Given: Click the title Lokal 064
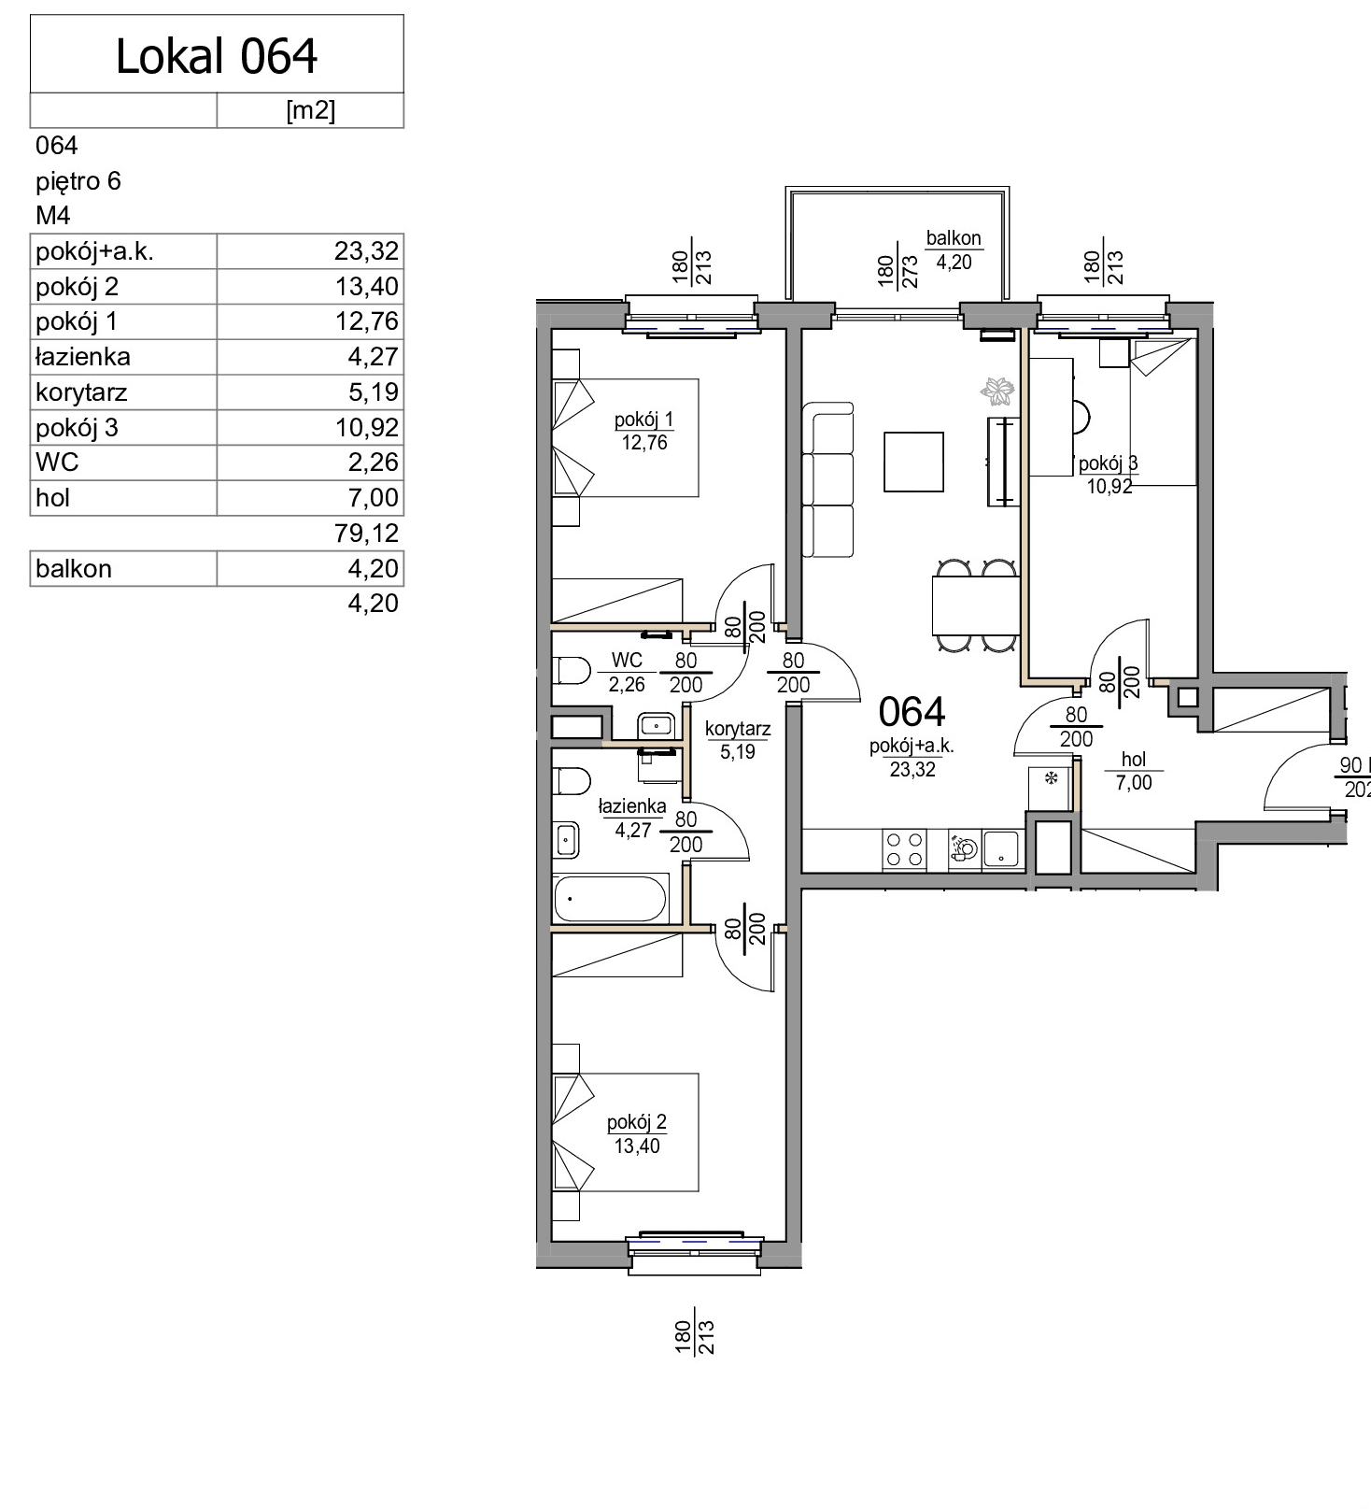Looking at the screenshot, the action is pyautogui.click(x=217, y=56).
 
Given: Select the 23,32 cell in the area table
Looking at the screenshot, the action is pyautogui.click(x=366, y=250).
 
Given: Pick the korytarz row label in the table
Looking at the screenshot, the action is pyautogui.click(x=81, y=392).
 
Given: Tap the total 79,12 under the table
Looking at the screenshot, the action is pyautogui.click(x=366, y=533).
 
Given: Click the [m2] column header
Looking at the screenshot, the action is pyautogui.click(x=310, y=110).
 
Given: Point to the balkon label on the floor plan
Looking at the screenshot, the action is pyautogui.click(x=954, y=238).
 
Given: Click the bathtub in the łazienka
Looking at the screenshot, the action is pyautogui.click(x=610, y=899).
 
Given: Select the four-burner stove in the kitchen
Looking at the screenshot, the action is pyautogui.click(x=904, y=850).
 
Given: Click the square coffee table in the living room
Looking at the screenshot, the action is pyautogui.click(x=913, y=462).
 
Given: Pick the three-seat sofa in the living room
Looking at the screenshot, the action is pyautogui.click(x=828, y=480).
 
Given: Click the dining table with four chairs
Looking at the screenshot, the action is pyautogui.click(x=976, y=605).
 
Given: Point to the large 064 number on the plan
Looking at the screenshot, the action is pyautogui.click(x=912, y=712).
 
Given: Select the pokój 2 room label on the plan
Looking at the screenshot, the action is pyautogui.click(x=637, y=1122).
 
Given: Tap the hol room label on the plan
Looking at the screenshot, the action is pyautogui.click(x=1134, y=760).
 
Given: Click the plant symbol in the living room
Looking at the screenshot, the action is pyautogui.click(x=997, y=391).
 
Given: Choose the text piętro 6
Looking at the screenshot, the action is pyautogui.click(x=78, y=180).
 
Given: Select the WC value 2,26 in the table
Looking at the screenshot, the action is pyautogui.click(x=374, y=463).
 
